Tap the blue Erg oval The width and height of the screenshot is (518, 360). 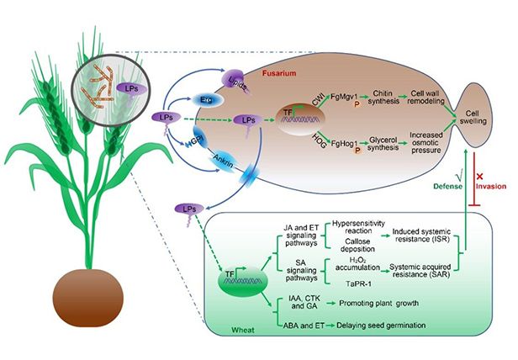[206, 99]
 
